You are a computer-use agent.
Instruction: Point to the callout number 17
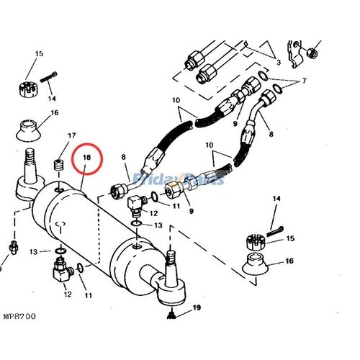click(x=71, y=136)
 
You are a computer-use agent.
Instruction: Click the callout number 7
click(x=304, y=81)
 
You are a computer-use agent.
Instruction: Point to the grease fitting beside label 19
click(x=174, y=314)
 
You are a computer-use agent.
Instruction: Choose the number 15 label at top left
click(x=39, y=54)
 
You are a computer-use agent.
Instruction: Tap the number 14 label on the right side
click(x=275, y=198)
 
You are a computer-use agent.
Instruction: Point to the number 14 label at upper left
click(x=52, y=98)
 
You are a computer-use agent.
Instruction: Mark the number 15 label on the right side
click(x=291, y=238)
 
